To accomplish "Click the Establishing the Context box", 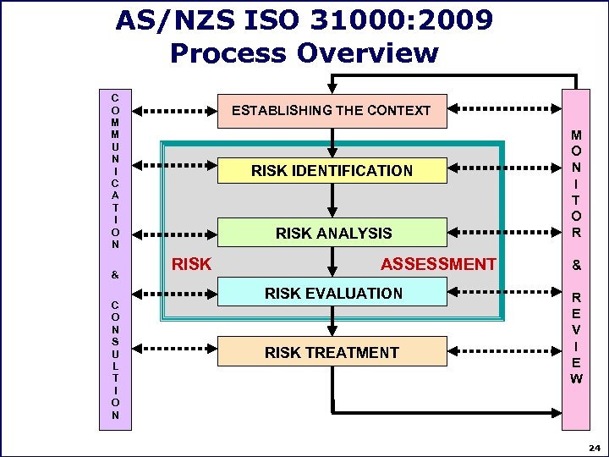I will click(331, 110).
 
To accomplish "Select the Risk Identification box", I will click(332, 171).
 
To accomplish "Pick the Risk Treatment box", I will click(332, 352).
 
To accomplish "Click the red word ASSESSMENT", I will click(438, 264).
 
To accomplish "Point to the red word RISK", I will click(191, 264).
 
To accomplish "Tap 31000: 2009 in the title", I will click(409, 19).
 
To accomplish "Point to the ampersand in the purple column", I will click(114, 275).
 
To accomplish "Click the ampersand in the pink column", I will click(576, 265).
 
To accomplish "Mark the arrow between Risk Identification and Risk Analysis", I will click(332, 201).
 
